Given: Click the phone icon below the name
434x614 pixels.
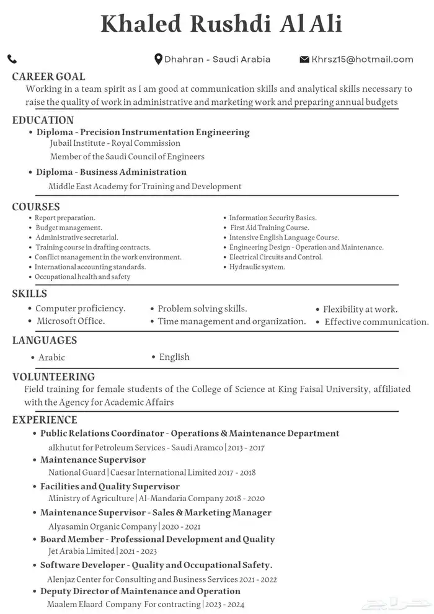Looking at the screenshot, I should coord(12,60).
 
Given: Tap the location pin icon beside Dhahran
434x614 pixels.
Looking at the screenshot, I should coord(158,60).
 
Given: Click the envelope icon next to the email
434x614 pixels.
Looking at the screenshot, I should coord(304,60).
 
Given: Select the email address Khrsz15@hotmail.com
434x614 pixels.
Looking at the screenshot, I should coord(363,60).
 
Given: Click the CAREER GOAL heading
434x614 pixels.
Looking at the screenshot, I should coord(48,77).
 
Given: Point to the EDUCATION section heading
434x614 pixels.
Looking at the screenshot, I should coord(43,120).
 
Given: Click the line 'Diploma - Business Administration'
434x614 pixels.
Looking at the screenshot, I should coord(111,172).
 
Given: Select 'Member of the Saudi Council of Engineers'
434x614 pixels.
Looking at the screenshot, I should coord(127,157).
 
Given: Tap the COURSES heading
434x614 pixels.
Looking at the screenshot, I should coord(36,207).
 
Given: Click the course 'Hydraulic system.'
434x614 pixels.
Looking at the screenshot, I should coord(257,267).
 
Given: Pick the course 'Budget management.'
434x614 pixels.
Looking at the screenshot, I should coord(68,228).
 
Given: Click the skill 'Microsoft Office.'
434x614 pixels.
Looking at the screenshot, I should coord(71,321).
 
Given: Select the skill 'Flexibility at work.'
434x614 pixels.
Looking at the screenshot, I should coord(360,309).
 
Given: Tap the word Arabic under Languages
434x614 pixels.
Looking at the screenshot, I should coord(51,358).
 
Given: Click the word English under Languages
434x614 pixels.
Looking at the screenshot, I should coord(174,357).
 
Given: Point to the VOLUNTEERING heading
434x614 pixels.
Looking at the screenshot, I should coord(53,376).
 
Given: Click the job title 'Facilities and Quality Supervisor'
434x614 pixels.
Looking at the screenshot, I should coord(110,486).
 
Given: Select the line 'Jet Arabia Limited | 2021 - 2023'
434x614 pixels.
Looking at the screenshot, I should coord(102,551).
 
